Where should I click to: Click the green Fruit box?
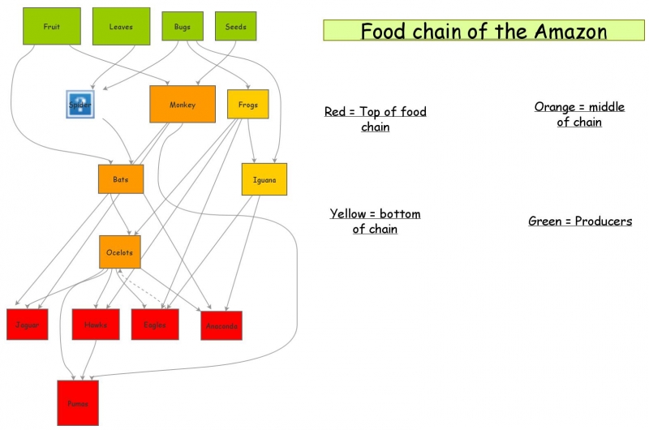pos(51,26)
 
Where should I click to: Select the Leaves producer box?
pos(121,26)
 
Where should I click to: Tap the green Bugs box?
pos(183,26)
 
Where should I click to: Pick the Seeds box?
pos(235,26)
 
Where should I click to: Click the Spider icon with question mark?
pos(80,105)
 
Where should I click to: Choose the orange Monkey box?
pos(183,104)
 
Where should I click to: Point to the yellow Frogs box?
pos(248,104)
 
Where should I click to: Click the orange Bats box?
pos(121,178)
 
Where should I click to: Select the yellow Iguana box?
pos(264,179)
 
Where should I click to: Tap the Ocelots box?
pos(120,252)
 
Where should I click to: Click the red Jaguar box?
pos(28,324)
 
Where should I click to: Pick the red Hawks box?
pos(95,324)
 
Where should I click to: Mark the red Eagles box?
pos(155,324)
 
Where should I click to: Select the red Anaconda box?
pos(221,325)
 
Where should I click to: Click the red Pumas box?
pos(78,402)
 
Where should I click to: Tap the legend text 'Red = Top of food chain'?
pos(375,119)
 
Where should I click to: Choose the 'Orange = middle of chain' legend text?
pos(579,114)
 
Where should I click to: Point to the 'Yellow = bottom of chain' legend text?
pos(375,221)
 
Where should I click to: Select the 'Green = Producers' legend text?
pos(580,221)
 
